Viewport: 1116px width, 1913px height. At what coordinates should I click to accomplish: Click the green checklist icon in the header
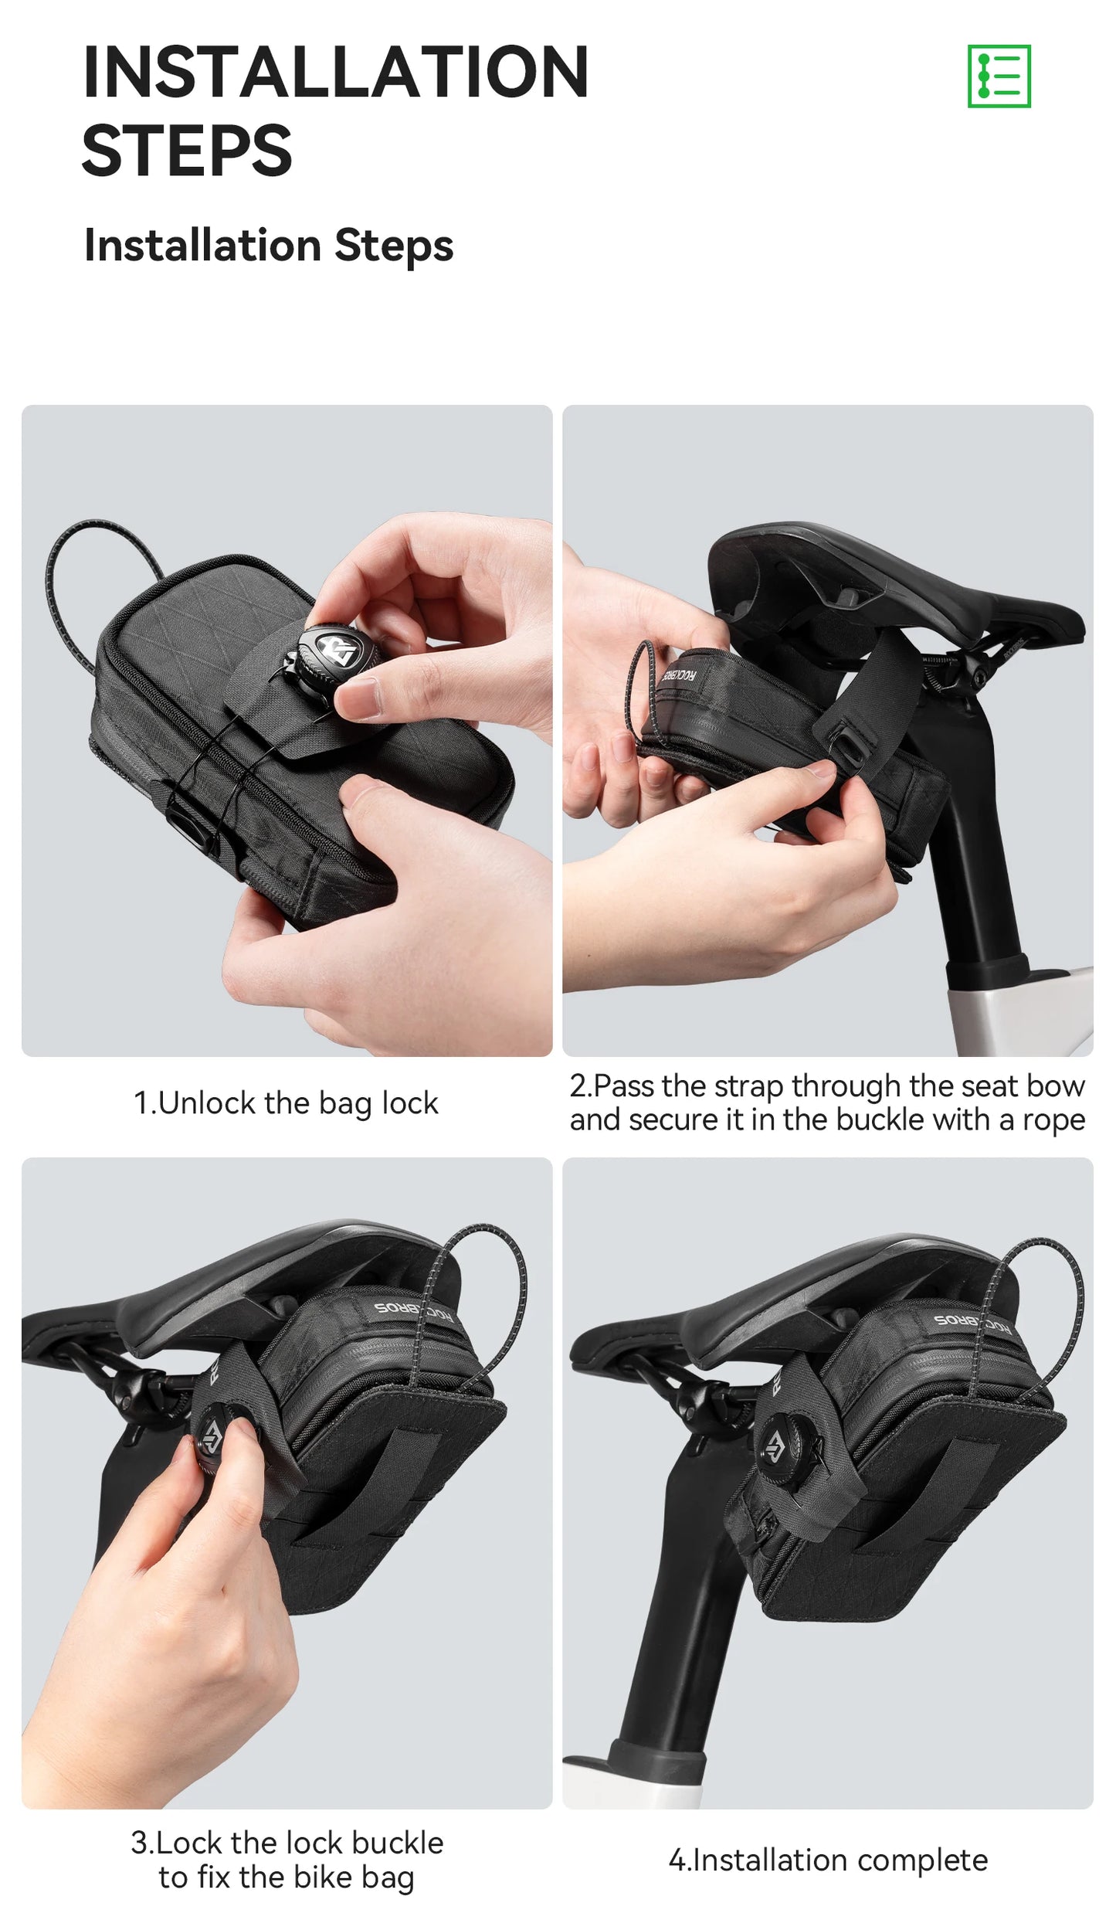999,76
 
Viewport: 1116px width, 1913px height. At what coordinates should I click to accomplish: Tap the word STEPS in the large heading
187,150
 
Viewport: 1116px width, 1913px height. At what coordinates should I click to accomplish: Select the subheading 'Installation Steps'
269,246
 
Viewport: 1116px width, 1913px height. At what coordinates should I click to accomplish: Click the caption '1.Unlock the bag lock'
286,1103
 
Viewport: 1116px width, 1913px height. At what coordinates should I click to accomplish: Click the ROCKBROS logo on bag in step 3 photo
414,1310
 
